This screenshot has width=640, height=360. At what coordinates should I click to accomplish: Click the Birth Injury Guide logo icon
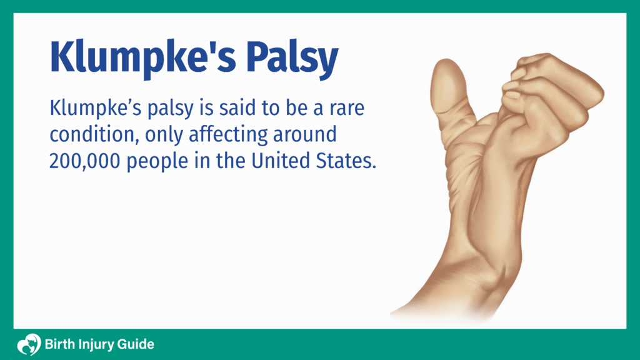tap(28, 344)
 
